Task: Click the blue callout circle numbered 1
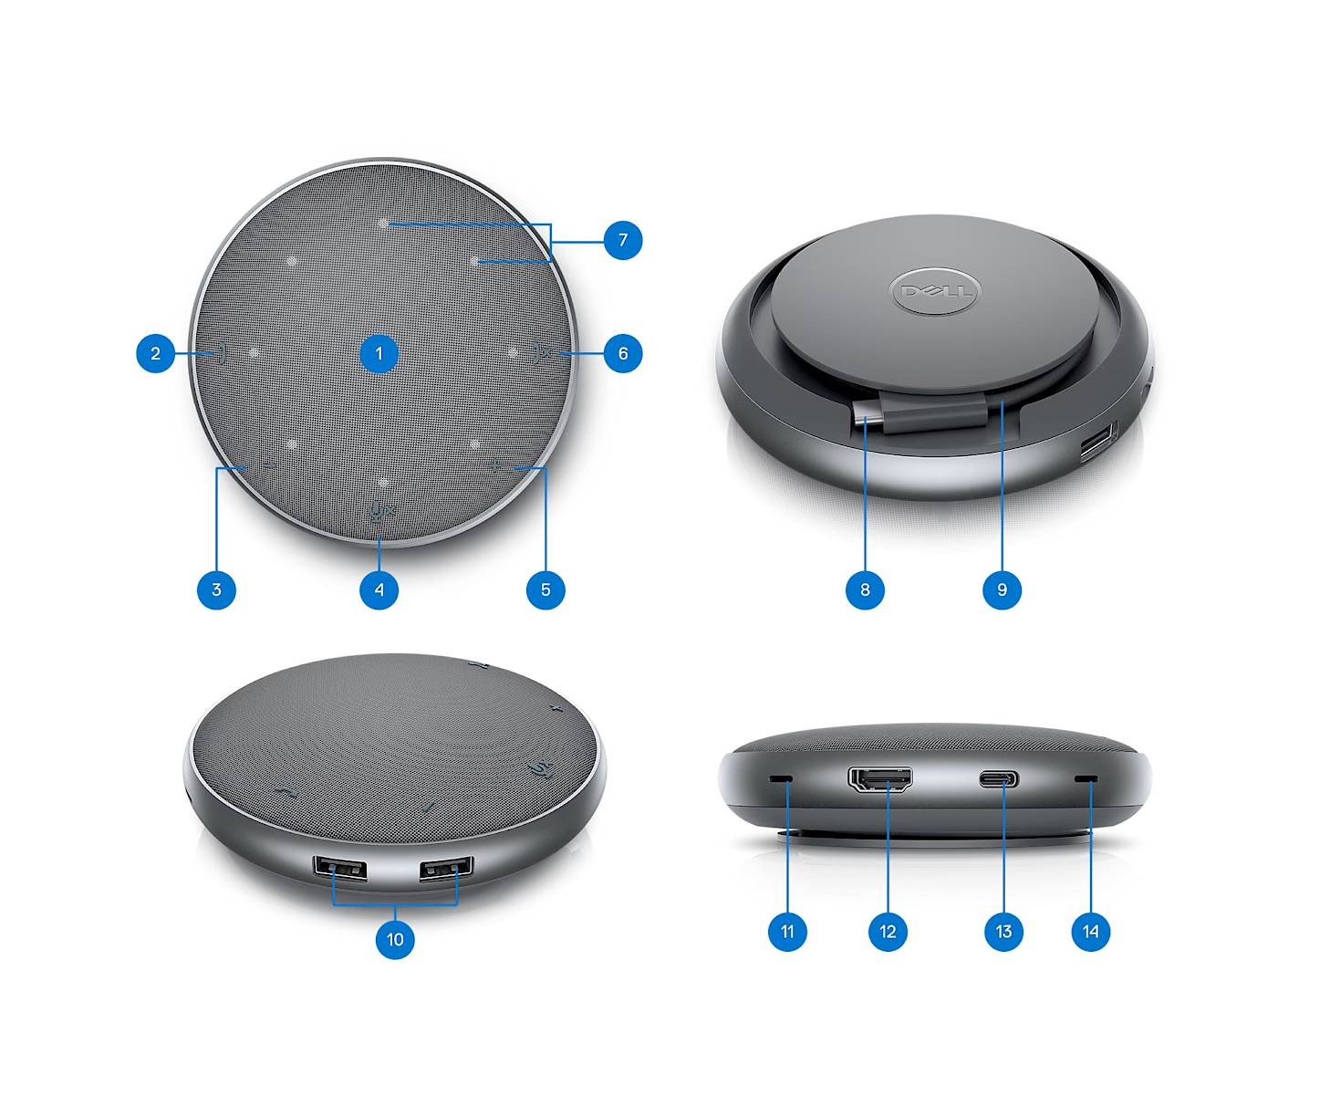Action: point(379,353)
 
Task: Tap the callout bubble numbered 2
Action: point(156,353)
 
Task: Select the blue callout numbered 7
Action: point(623,240)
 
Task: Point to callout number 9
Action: point(1003,589)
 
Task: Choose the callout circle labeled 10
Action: point(395,939)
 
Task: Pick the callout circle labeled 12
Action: point(888,931)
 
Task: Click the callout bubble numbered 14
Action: point(1091,931)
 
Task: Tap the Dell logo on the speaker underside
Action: point(935,291)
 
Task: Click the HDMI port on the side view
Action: point(880,780)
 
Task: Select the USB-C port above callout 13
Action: point(998,779)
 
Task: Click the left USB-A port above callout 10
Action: point(339,870)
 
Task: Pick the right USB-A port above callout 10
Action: point(446,869)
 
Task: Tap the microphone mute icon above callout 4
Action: point(381,512)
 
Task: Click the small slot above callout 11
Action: point(782,779)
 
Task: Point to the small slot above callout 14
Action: point(1086,779)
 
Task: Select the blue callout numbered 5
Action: point(546,589)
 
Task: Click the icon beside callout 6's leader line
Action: point(542,354)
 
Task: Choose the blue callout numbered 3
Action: point(216,589)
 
